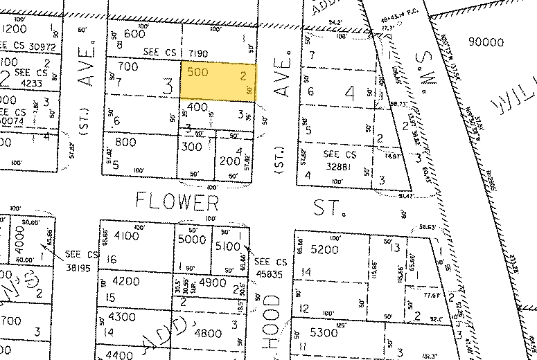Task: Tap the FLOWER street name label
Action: (177, 202)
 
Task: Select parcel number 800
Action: (126, 143)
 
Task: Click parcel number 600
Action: (134, 34)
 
